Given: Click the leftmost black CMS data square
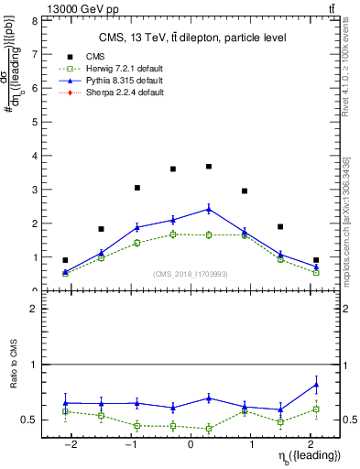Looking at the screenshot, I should tap(65, 260).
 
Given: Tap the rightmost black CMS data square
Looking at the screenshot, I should tap(316, 260).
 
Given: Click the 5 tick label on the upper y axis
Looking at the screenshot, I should tap(35, 122).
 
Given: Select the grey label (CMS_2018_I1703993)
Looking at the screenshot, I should tap(191, 274).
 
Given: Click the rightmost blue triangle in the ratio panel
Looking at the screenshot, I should tap(316, 385).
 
